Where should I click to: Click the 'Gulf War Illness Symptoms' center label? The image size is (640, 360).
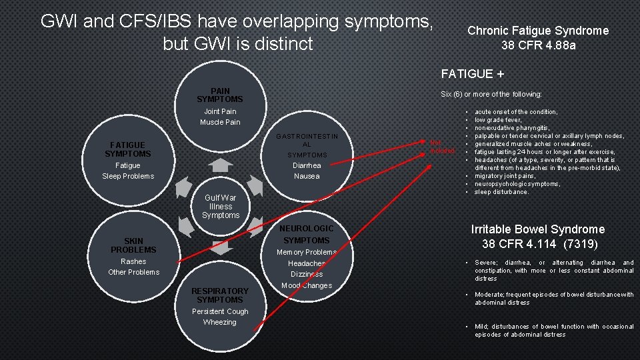tap(221, 207)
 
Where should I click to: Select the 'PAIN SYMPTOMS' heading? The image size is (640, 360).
tap(220, 95)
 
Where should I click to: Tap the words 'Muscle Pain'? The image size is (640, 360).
tap(220, 122)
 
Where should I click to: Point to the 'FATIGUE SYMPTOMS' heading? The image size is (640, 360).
tap(128, 149)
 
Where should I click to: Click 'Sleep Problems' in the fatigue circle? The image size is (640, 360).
tap(128, 176)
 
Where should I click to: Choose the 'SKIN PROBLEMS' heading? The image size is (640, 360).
tap(133, 245)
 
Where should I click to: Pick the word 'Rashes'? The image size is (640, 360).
tap(133, 261)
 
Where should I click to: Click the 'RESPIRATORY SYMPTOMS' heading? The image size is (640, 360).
tap(220, 295)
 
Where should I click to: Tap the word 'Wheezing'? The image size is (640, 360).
tap(220, 322)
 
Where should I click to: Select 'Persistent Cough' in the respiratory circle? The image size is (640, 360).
tap(220, 311)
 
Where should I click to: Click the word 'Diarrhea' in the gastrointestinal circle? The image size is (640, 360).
tap(307, 165)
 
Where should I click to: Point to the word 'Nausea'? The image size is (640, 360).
tap(307, 176)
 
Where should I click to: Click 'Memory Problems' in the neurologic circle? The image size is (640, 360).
tap(307, 252)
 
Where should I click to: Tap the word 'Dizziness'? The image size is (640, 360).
tap(307, 274)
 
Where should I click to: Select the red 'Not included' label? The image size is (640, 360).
tap(443, 146)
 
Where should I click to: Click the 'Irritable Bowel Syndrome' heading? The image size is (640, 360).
tap(538, 229)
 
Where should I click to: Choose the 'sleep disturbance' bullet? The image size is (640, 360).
tap(501, 192)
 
